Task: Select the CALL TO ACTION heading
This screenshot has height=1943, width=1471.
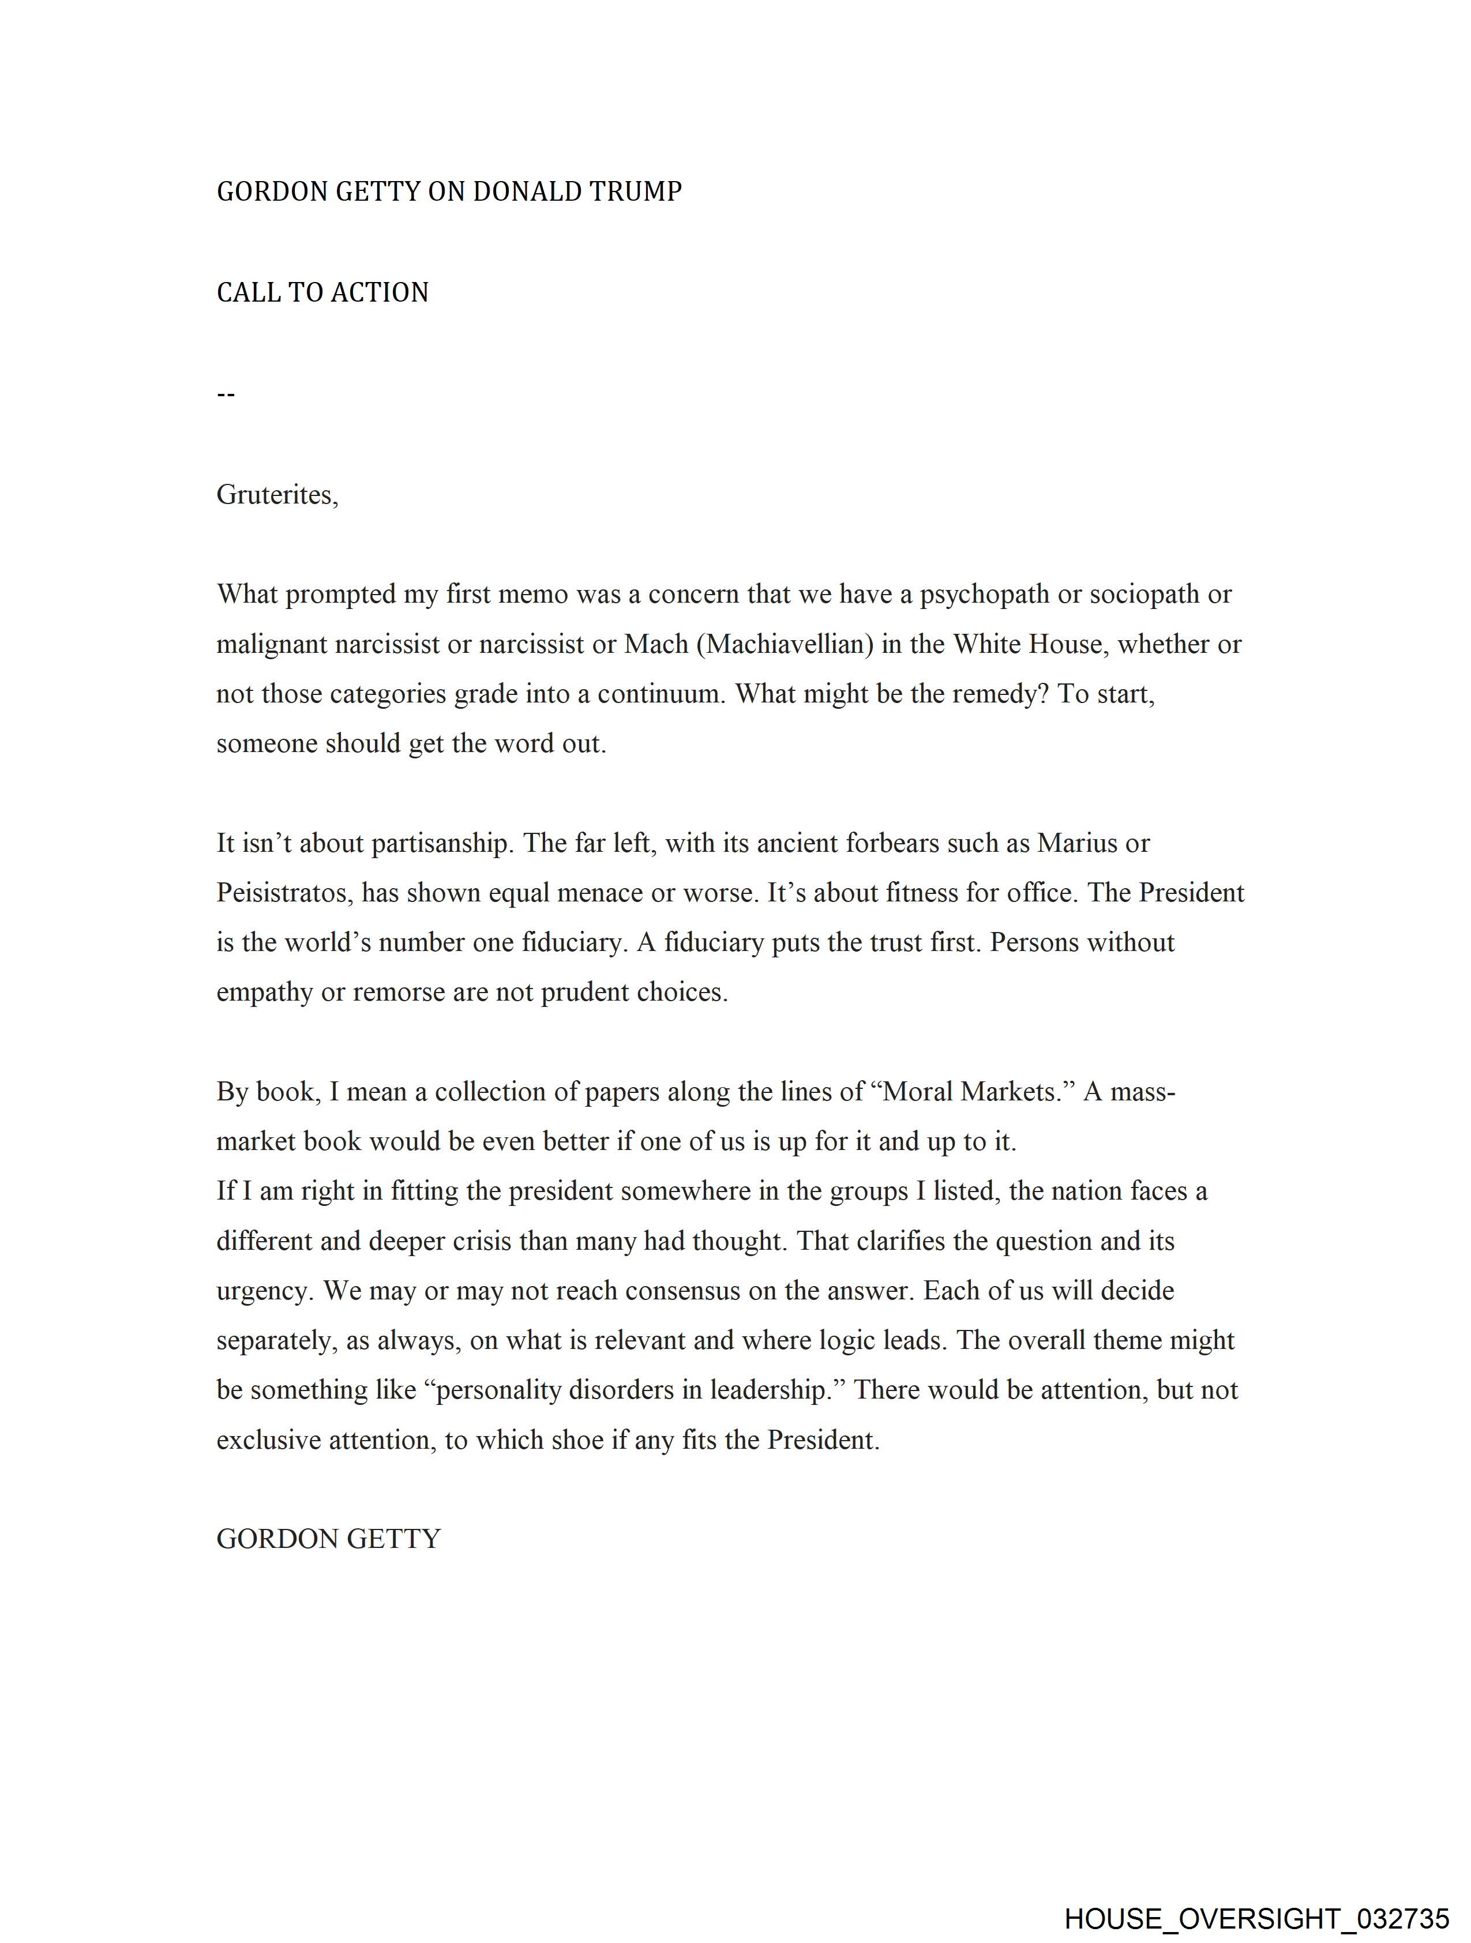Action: [x=322, y=292]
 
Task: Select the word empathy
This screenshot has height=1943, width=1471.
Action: [x=265, y=993]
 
